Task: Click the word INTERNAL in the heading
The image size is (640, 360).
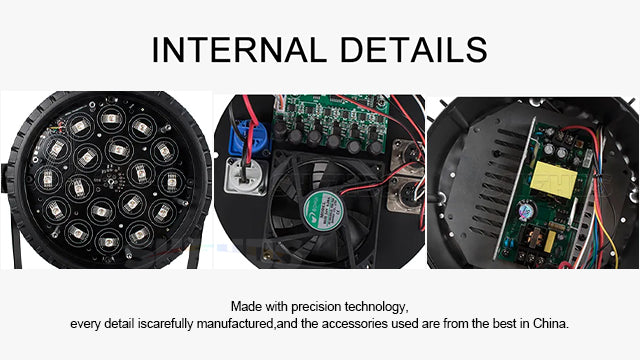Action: pyautogui.click(x=239, y=50)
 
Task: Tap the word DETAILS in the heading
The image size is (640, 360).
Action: pyautogui.click(x=413, y=50)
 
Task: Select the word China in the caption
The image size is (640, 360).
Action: pyautogui.click(x=551, y=324)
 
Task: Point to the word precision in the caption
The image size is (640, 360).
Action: pyautogui.click(x=316, y=307)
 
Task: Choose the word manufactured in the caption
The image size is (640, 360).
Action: pyautogui.click(x=236, y=324)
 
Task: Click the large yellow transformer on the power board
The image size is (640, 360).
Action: pyautogui.click(x=553, y=179)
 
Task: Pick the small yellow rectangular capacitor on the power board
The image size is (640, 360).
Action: pyautogui.click(x=550, y=241)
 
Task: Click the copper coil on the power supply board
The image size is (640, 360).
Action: pyautogui.click(x=533, y=237)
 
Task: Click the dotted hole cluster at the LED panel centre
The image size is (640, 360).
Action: pyautogui.click(x=114, y=180)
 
